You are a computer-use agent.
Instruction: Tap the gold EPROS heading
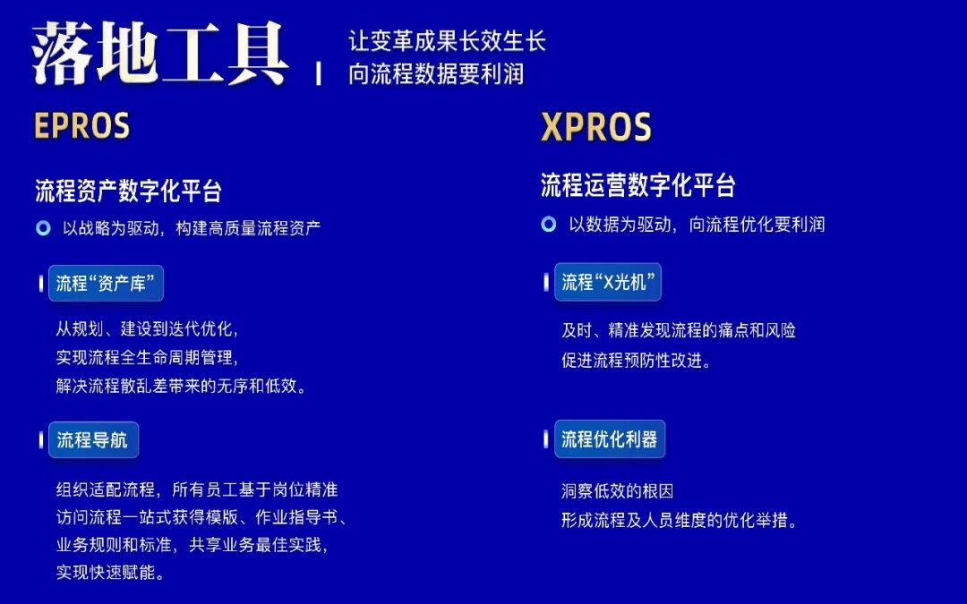(82, 126)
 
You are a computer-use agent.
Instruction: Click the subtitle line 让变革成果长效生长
(447, 41)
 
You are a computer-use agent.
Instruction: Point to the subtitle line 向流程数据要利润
(436, 73)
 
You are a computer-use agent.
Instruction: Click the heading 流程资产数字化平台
(128, 191)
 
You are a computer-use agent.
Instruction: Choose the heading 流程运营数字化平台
(638, 185)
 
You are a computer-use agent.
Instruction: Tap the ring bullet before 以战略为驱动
(43, 228)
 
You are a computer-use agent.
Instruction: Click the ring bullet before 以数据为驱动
(549, 225)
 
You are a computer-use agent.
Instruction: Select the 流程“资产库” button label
(106, 284)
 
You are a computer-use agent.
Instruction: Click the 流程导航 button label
(93, 439)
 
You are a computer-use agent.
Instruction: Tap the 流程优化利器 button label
(609, 438)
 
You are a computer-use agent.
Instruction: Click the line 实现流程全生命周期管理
(148, 358)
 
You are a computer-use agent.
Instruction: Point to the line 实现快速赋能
(110, 573)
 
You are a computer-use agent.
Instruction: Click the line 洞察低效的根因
(617, 491)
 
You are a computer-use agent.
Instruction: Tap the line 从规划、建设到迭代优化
(148, 329)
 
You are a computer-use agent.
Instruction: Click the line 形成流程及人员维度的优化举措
(679, 520)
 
